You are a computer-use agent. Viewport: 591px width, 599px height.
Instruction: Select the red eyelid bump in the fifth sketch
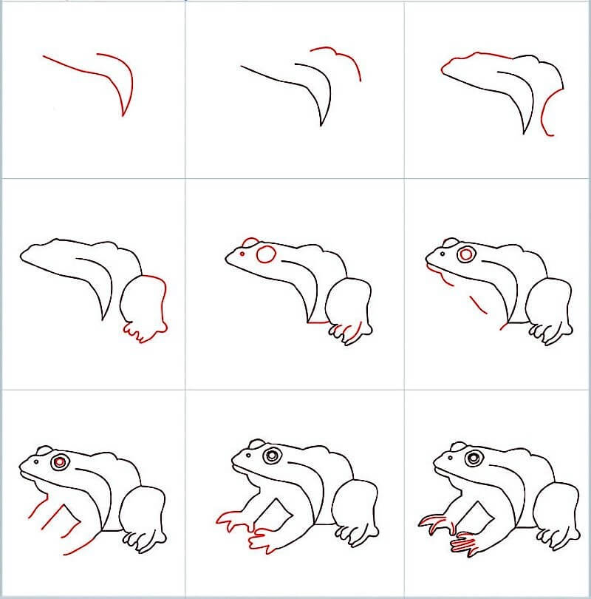pyautogui.click(x=251, y=242)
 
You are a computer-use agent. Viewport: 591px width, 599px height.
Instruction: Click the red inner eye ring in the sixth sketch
pyautogui.click(x=466, y=255)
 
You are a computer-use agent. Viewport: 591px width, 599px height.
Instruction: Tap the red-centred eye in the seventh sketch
pyautogui.click(x=60, y=462)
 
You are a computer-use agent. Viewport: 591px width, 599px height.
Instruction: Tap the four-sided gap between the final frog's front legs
pyautogui.click(x=484, y=514)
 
